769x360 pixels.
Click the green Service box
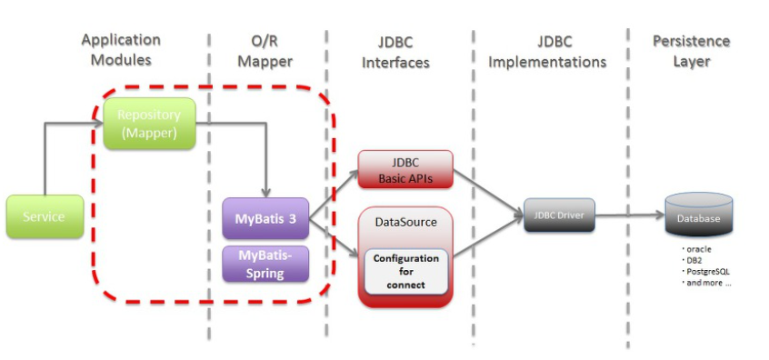pos(45,216)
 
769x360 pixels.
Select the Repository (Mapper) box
pos(150,124)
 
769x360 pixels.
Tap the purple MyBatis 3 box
pos(265,218)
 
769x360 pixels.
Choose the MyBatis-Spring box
pos(265,264)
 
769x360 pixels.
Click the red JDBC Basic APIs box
pos(405,169)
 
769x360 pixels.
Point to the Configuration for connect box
pos(406,271)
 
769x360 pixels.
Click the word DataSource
pos(406,222)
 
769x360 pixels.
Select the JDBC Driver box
pos(559,215)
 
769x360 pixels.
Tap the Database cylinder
pos(699,215)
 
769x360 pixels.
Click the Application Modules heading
pos(121,49)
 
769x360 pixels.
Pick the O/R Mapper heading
pos(265,51)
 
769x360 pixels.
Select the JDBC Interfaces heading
pos(395,52)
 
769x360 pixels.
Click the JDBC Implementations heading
pos(547,52)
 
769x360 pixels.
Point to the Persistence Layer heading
pos(691,51)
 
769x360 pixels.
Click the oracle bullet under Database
pos(696,249)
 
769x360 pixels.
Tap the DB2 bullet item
pos(693,260)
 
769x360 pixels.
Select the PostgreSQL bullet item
pos(703,272)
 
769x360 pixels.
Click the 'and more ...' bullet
pos(706,283)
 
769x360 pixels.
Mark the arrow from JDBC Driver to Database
pos(630,215)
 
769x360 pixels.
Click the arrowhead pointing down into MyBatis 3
pos(265,194)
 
